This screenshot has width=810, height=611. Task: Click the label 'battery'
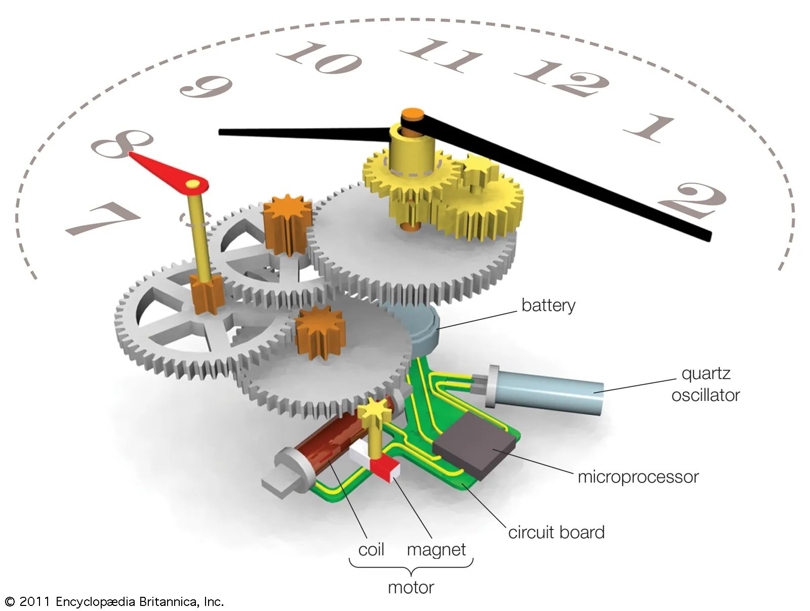click(x=548, y=305)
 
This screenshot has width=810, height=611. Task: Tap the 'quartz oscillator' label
click(x=705, y=384)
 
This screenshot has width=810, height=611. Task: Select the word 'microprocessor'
click(x=638, y=477)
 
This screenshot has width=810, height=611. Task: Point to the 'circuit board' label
click(x=556, y=533)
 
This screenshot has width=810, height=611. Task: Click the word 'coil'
click(x=371, y=550)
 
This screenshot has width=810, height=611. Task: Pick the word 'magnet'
click(x=436, y=550)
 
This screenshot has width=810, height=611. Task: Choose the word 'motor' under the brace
click(x=411, y=587)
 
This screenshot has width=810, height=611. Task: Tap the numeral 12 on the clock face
click(x=562, y=78)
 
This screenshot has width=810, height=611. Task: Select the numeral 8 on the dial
click(x=121, y=143)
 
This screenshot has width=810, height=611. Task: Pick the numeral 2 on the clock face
click(x=694, y=200)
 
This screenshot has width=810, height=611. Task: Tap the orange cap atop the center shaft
click(x=413, y=114)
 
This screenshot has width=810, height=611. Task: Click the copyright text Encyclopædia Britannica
click(x=114, y=601)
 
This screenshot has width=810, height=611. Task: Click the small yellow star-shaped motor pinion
click(x=374, y=408)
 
